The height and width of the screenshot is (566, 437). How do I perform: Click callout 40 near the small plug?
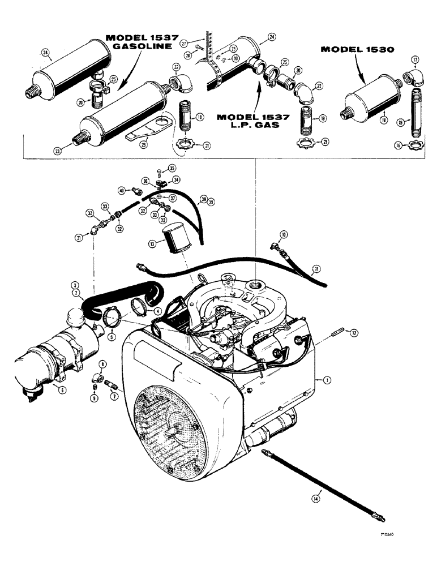pyautogui.click(x=121, y=190)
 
